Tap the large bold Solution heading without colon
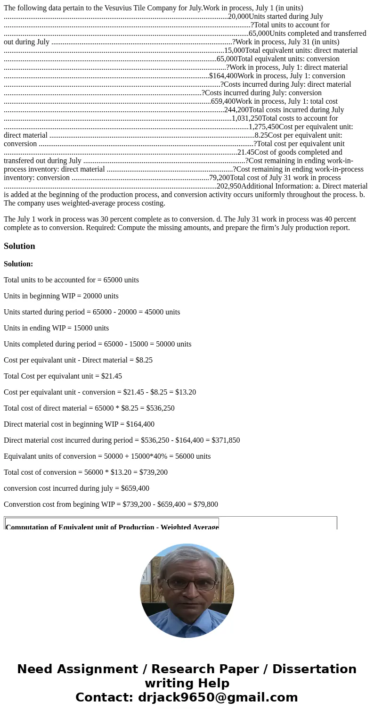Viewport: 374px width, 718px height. click(19, 246)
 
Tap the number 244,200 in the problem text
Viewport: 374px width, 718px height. click(236, 110)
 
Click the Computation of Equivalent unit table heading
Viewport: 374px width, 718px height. click(112, 526)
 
